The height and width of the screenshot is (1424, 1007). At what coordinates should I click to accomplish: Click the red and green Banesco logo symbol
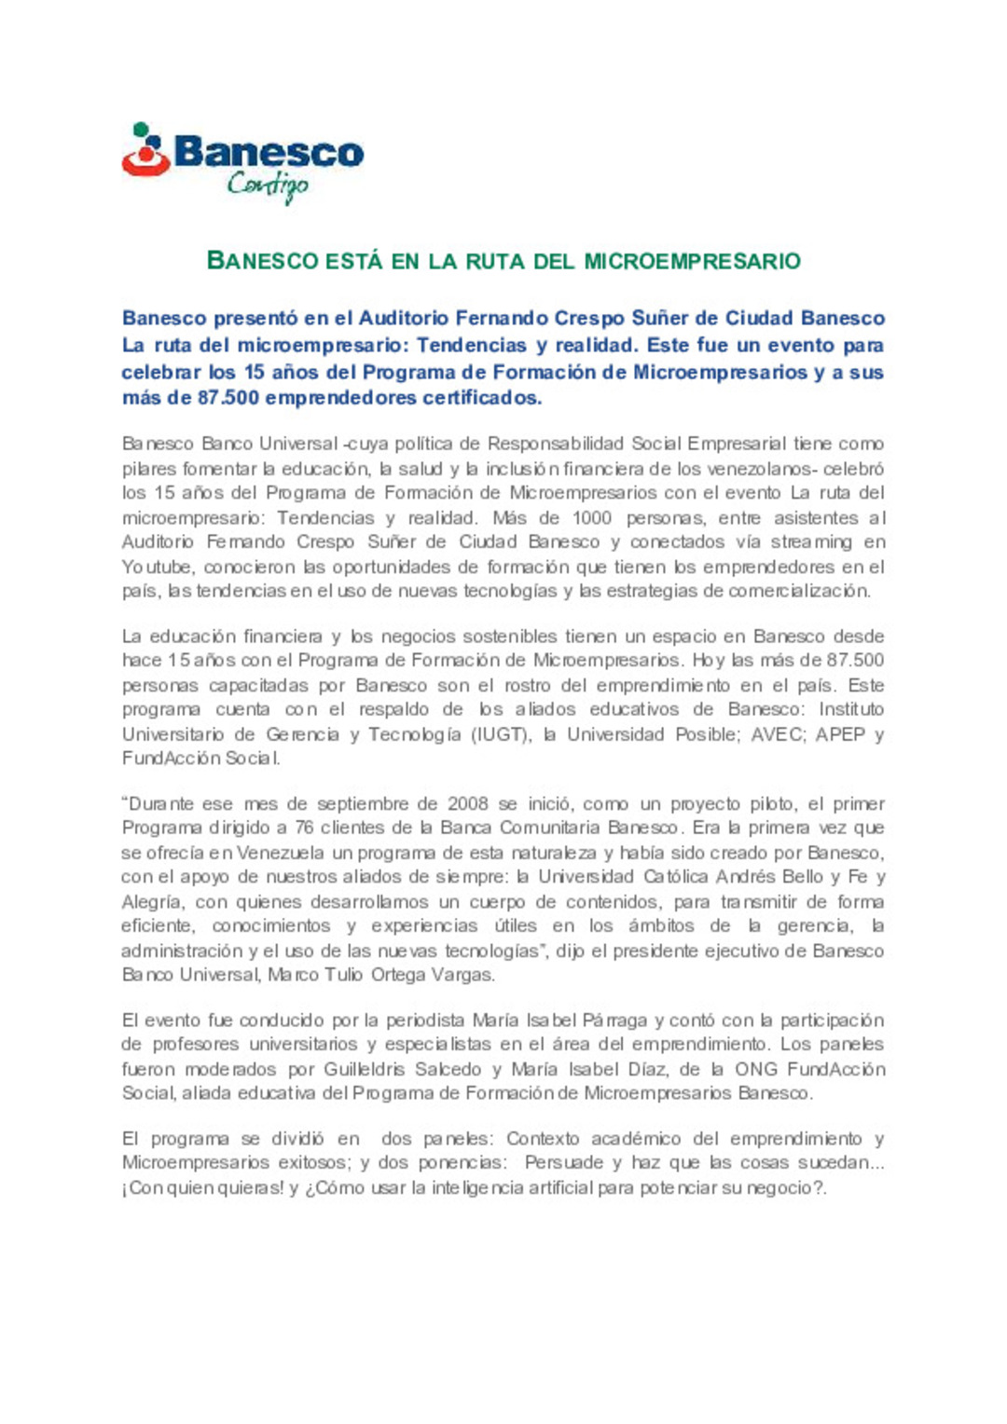(x=145, y=151)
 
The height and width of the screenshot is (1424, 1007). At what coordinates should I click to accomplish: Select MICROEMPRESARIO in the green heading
(x=692, y=261)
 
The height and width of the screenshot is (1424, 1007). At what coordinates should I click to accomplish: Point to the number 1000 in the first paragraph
(x=591, y=517)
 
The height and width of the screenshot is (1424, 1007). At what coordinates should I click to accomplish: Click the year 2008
(x=467, y=803)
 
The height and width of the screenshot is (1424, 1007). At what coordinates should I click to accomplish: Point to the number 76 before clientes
(x=304, y=828)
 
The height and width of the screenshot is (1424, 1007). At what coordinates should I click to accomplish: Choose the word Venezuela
(x=281, y=853)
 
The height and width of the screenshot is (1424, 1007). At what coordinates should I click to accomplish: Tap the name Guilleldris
(x=365, y=1069)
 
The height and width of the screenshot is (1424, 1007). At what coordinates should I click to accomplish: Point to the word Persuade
(x=564, y=1163)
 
